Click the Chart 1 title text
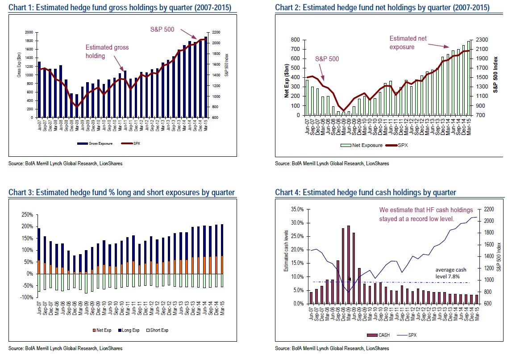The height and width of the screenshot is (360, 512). click(x=120, y=8)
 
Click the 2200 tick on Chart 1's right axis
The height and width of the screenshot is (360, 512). click(x=216, y=33)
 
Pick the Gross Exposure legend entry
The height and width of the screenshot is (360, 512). click(x=95, y=144)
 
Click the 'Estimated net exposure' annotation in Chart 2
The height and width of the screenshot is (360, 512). click(x=409, y=42)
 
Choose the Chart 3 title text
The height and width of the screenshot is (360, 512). click(x=121, y=193)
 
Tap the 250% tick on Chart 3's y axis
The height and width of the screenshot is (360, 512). click(x=27, y=215)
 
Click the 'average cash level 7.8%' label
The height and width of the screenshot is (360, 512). click(x=452, y=273)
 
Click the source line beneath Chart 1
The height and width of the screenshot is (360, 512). click(x=66, y=163)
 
